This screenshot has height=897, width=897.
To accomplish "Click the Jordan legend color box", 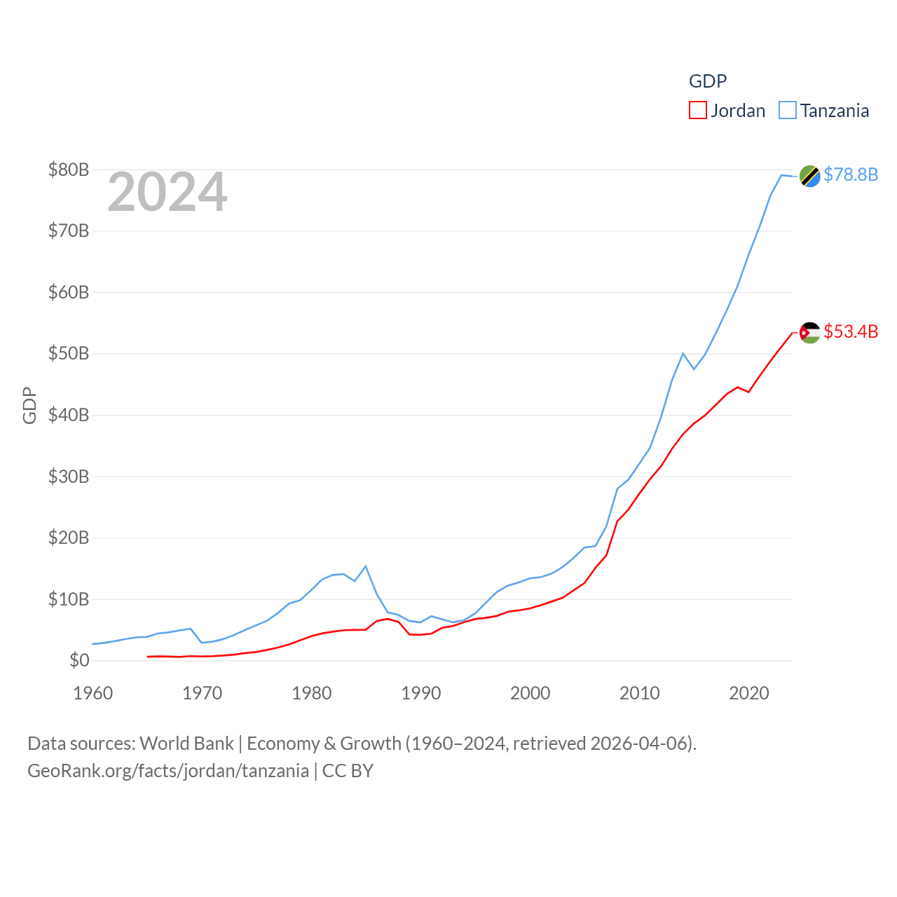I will (698, 111).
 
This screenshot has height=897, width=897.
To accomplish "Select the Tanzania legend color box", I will (788, 111).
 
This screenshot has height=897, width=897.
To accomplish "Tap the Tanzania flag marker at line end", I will (809, 176).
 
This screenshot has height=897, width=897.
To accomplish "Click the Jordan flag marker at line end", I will (809, 332).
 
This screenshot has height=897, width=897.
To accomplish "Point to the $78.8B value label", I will (851, 174).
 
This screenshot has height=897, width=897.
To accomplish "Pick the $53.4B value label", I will (851, 331).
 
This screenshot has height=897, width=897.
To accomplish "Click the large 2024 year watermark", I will (167, 192).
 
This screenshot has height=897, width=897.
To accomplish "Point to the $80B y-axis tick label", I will (69, 170).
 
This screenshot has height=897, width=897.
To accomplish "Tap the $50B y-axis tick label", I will (69, 353).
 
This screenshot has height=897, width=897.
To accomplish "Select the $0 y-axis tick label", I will (79, 660).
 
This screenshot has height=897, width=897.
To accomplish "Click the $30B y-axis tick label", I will (69, 477).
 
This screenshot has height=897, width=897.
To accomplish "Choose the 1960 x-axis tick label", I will (93, 693).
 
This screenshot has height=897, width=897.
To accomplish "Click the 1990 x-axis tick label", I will (421, 693).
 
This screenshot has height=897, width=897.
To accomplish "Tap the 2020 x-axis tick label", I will (749, 693).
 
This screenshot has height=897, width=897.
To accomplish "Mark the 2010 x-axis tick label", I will (640, 693).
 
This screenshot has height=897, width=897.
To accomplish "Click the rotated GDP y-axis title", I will (29, 405).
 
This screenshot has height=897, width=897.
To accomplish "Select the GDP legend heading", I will (708, 81).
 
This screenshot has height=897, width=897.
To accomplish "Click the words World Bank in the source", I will (186, 743).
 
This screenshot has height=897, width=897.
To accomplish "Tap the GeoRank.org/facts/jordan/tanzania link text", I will (168, 771).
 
